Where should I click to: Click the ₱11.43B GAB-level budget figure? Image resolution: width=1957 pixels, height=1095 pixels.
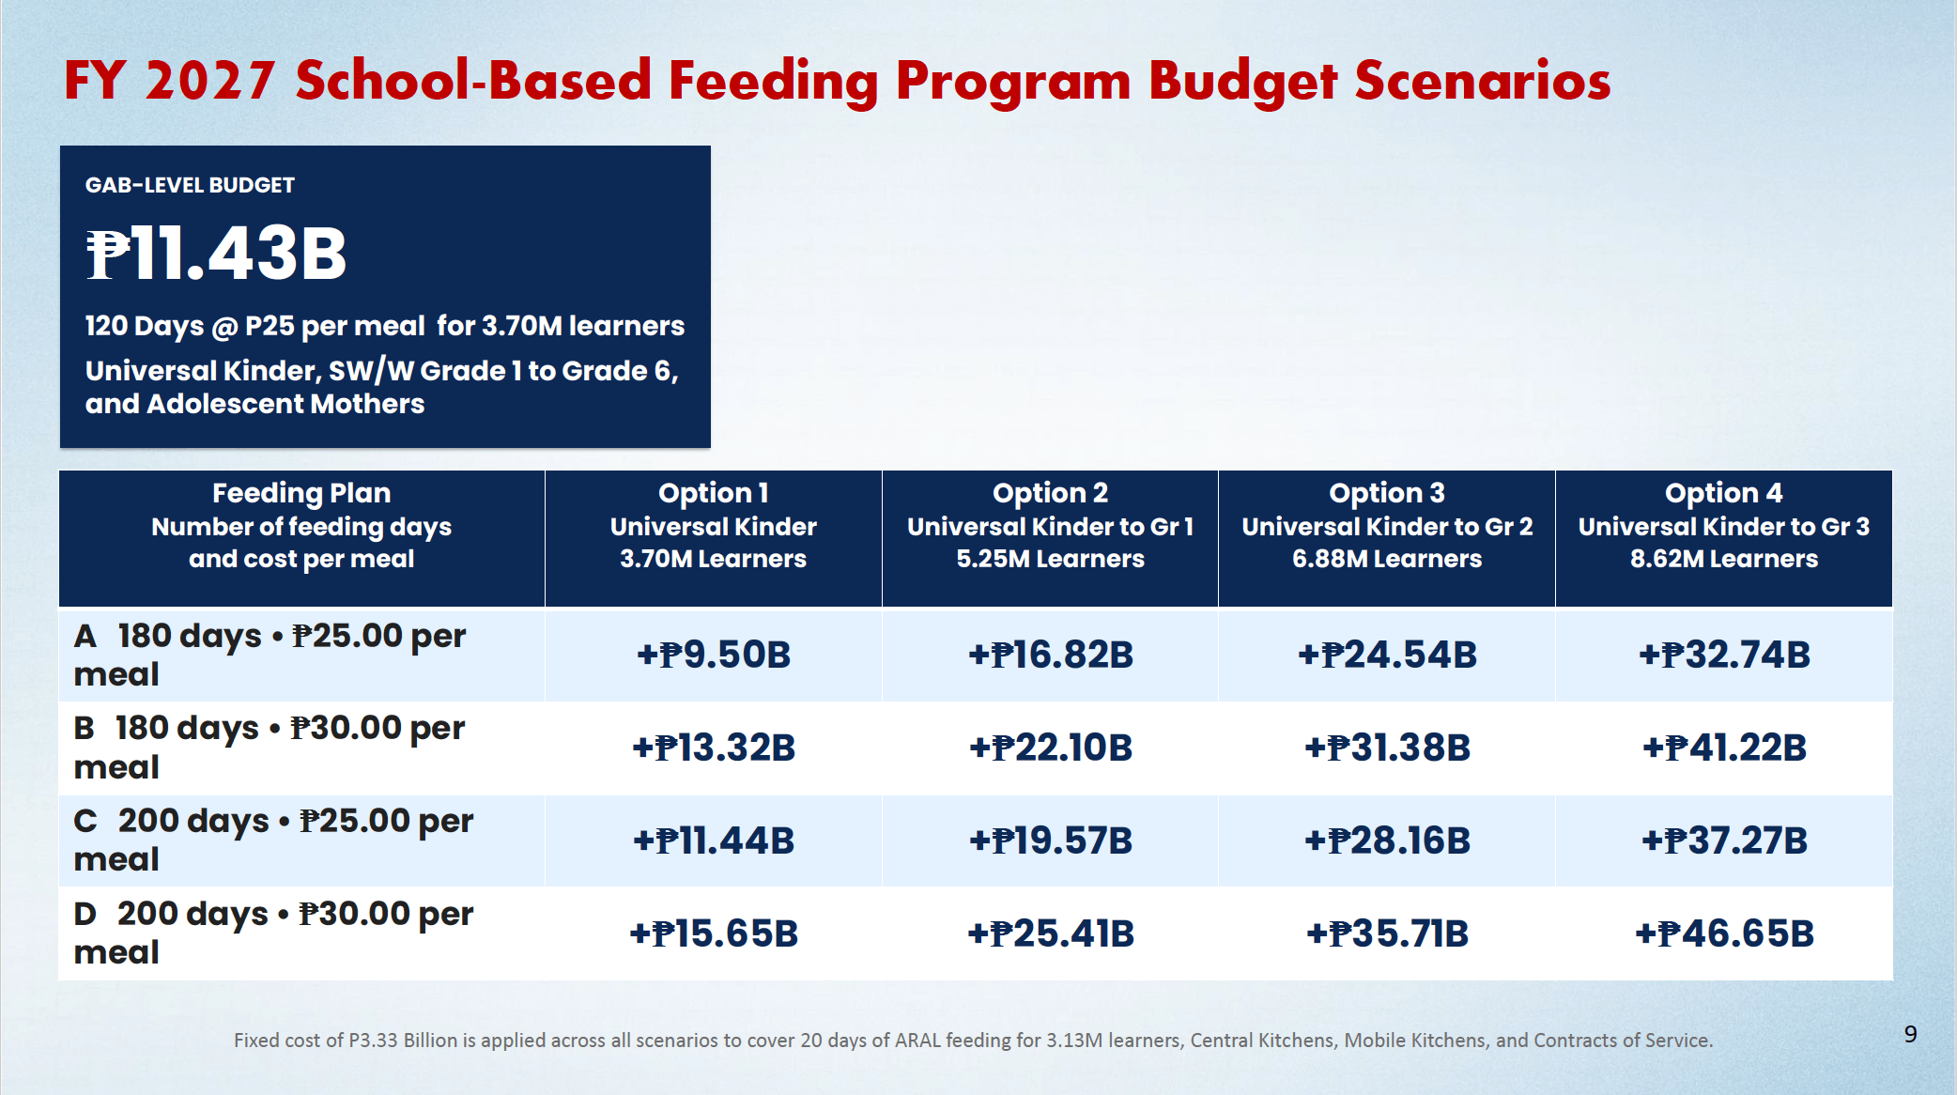[x=216, y=254]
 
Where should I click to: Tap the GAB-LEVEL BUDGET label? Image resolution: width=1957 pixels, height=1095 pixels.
[x=190, y=185]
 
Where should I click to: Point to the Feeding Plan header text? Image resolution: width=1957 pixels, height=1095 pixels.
[x=301, y=493]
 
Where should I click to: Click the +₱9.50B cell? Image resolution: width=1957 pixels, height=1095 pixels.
[x=714, y=655]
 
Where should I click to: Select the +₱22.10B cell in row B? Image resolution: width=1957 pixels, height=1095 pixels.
[x=1051, y=748]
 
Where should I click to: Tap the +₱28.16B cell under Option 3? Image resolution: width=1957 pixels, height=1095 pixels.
[x=1387, y=841]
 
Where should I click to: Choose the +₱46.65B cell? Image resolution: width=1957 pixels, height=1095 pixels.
[x=1724, y=933]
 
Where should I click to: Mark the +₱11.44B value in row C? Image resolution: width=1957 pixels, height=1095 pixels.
[x=714, y=841]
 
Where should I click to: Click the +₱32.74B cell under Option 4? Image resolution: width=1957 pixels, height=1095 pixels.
[x=1724, y=655]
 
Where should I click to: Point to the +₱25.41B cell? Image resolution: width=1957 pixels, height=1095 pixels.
[x=1051, y=933]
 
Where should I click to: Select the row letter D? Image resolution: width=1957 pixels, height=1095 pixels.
[x=85, y=914]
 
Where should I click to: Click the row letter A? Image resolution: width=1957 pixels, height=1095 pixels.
[x=85, y=636]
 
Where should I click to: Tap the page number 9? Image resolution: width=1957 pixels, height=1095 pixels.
[x=1910, y=1034]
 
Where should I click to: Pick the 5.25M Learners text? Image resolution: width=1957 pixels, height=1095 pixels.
[x=1051, y=559]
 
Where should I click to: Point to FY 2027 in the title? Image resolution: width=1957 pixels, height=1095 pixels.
[x=170, y=81]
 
